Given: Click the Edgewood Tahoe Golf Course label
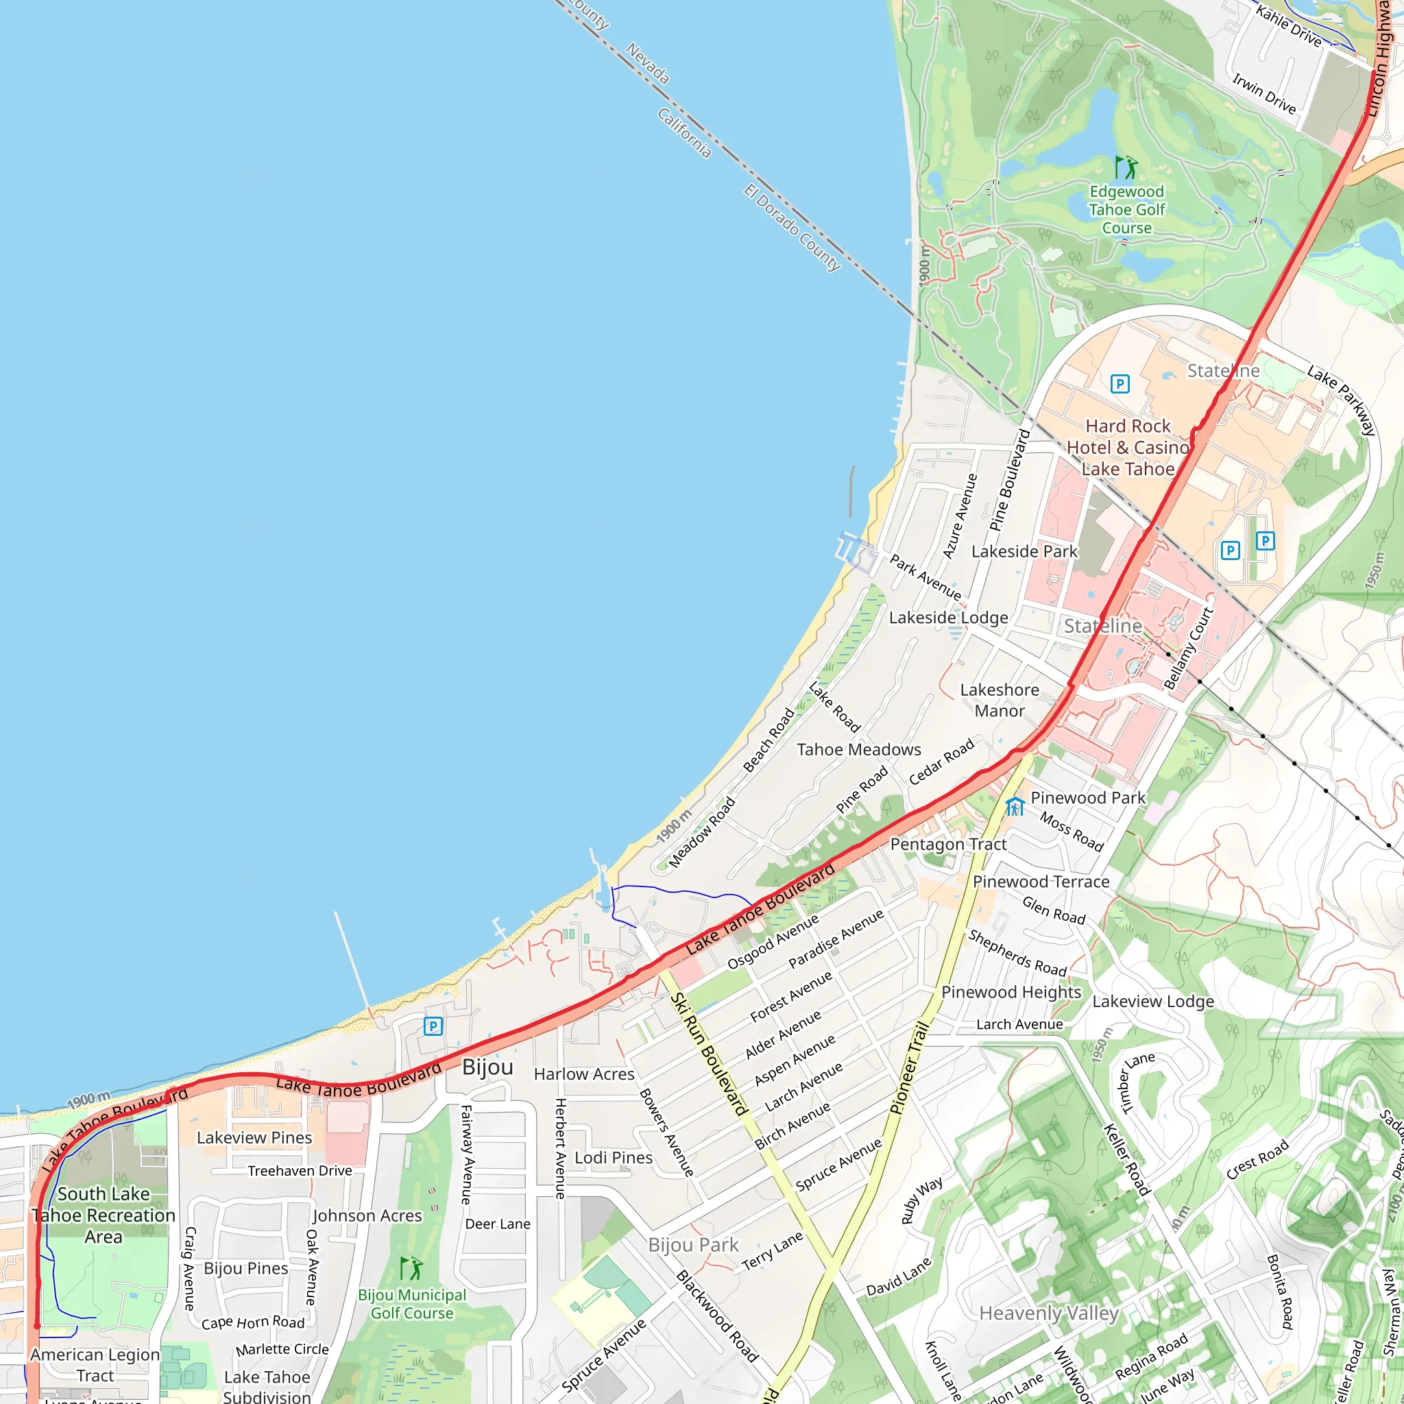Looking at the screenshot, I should click(x=1126, y=210).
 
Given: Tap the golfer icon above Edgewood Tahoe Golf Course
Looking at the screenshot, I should click(x=1126, y=168).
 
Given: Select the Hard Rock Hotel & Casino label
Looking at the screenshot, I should click(x=1127, y=448).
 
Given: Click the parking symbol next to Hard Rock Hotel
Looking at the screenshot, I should click(x=1120, y=384).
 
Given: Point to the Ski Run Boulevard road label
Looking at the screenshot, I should click(x=709, y=1054).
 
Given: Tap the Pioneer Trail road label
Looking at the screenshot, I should click(x=910, y=1067).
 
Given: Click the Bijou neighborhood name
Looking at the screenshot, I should click(x=487, y=1067).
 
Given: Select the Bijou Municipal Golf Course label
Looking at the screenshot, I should click(x=412, y=1304).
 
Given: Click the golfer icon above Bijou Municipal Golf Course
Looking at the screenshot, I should click(x=411, y=1268).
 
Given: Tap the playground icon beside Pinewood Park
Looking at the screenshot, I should click(x=1015, y=806).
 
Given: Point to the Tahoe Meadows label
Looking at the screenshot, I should click(x=858, y=749).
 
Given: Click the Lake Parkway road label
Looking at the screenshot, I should click(x=1341, y=400).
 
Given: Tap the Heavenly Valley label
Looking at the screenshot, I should click(x=1049, y=1313).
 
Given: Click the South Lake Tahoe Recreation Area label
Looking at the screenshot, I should click(x=104, y=1215).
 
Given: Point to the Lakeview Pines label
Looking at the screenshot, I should click(x=254, y=1137).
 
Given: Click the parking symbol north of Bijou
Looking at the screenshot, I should click(x=433, y=1026).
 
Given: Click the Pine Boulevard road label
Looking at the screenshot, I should click(x=1009, y=481).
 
